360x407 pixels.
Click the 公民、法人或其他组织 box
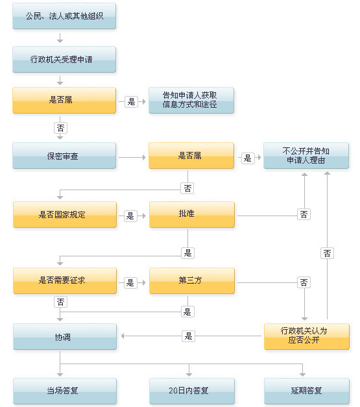[x=64, y=16]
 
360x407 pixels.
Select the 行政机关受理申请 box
[x=64, y=59]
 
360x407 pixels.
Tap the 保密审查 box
[x=64, y=156]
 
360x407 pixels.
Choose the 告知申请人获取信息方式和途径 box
[x=191, y=101]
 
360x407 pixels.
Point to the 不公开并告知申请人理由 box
[x=306, y=156]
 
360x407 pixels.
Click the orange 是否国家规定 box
[x=64, y=214]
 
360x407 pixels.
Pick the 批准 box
[x=191, y=214]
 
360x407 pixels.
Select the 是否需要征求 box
[x=64, y=280]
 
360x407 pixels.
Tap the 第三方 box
[x=191, y=280]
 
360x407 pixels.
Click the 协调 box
[x=64, y=337]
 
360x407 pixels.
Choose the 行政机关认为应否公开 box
[x=306, y=336]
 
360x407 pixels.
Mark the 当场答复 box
[x=64, y=391]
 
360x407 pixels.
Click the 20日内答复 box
[x=191, y=391]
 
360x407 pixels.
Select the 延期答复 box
[x=306, y=391]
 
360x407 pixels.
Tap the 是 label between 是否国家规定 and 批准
[x=130, y=215]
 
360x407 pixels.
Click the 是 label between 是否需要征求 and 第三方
[x=130, y=282]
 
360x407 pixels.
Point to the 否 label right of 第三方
[x=304, y=282]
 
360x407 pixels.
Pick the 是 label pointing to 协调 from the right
[x=189, y=336]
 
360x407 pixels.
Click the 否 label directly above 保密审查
[x=60, y=128]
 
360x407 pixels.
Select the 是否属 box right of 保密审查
[x=191, y=156]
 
